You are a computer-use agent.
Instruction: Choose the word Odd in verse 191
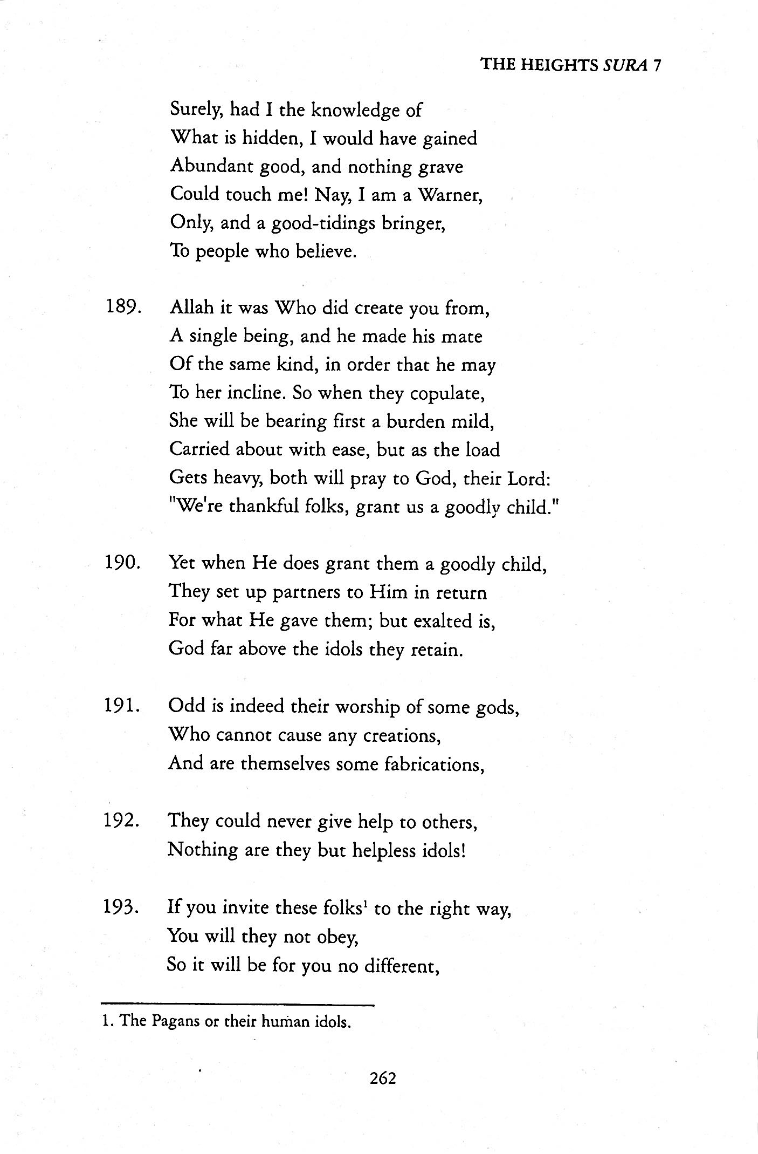(x=184, y=706)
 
